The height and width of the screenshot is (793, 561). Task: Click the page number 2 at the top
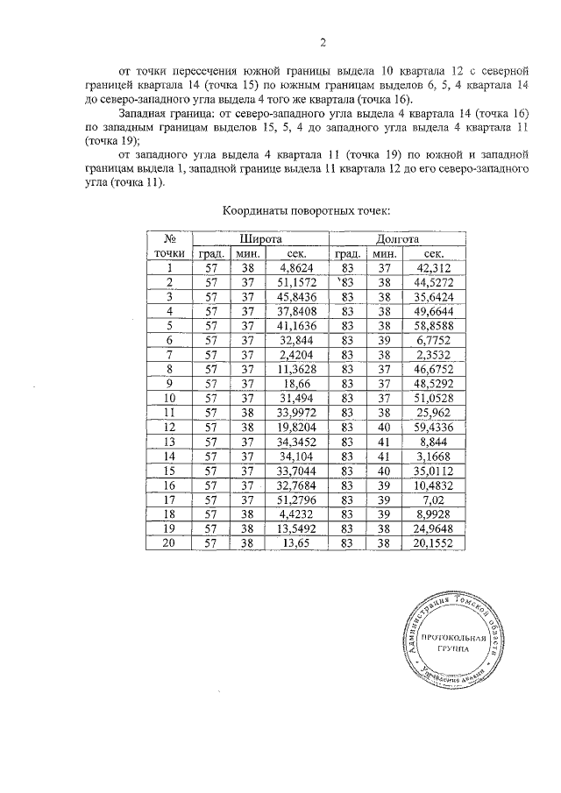(323, 42)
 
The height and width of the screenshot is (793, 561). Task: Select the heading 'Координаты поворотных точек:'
(306, 211)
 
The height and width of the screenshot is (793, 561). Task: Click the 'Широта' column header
(260, 239)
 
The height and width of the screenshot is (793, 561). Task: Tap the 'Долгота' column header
(398, 239)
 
